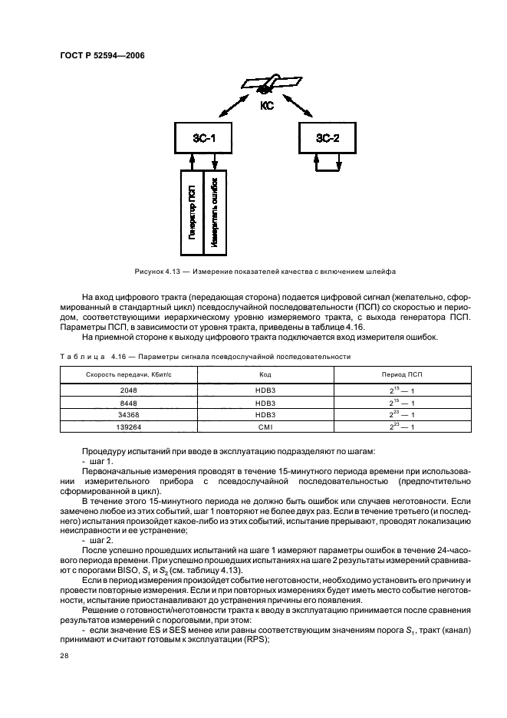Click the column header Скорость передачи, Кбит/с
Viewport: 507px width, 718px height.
(128, 374)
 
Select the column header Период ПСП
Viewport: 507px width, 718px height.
(398, 374)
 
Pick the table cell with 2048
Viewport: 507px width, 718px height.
(128, 390)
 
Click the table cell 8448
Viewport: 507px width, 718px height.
(128, 403)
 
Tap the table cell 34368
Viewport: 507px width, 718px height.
(128, 415)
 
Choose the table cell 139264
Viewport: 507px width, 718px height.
(128, 427)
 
